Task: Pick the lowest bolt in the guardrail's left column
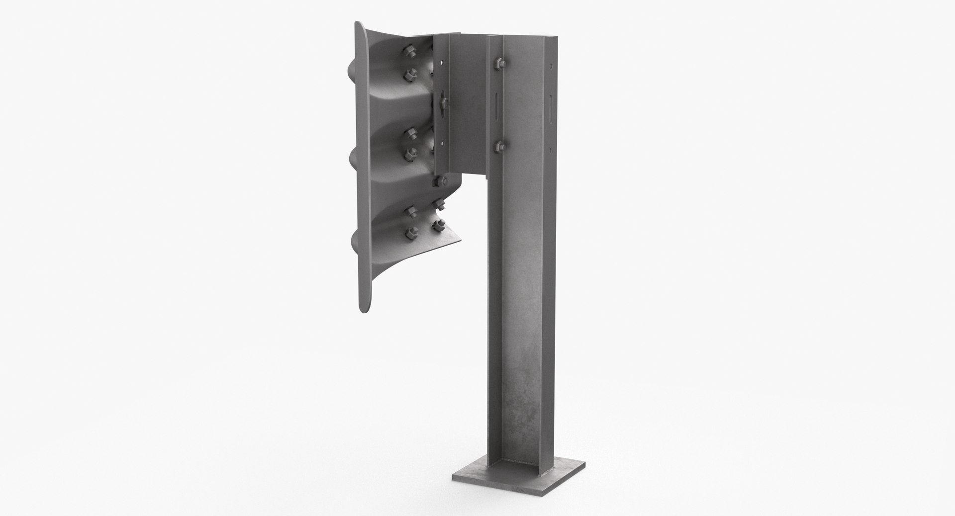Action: click(412, 231)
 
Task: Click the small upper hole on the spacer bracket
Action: click(441, 63)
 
